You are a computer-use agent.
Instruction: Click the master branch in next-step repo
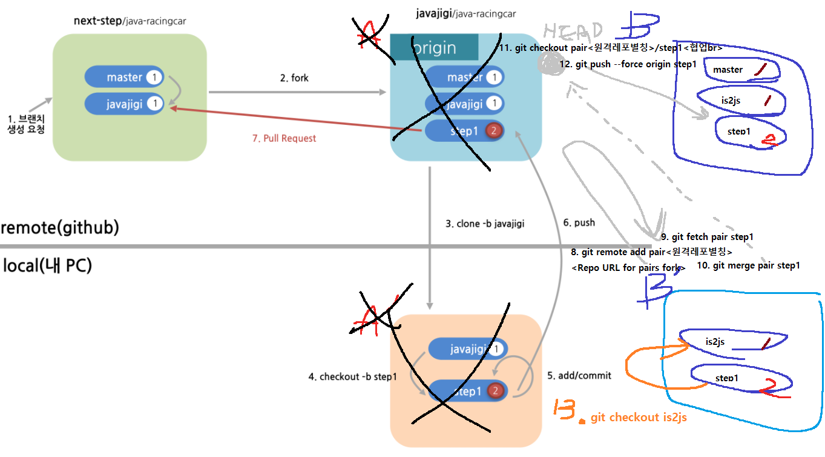[124, 77]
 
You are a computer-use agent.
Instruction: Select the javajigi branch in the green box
[124, 104]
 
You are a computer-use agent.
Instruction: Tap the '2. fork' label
[294, 78]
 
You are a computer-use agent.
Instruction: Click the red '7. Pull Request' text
[284, 138]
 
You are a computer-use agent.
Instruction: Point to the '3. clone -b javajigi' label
[484, 224]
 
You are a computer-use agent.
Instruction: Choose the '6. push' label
[579, 222]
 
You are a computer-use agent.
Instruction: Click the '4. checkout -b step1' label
[352, 376]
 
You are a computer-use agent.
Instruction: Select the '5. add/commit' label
[579, 376]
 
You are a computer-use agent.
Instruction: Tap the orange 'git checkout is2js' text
[639, 418]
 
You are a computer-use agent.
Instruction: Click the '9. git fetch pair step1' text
[707, 237]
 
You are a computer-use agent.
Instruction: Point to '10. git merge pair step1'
[748, 265]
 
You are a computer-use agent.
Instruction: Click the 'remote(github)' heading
[60, 228]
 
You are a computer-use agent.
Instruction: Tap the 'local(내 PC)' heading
[47, 265]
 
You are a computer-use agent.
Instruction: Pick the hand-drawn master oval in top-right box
[738, 70]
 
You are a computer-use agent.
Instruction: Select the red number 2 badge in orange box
[495, 391]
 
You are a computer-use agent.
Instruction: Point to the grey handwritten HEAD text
[574, 31]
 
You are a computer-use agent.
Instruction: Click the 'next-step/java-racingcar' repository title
[130, 21]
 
